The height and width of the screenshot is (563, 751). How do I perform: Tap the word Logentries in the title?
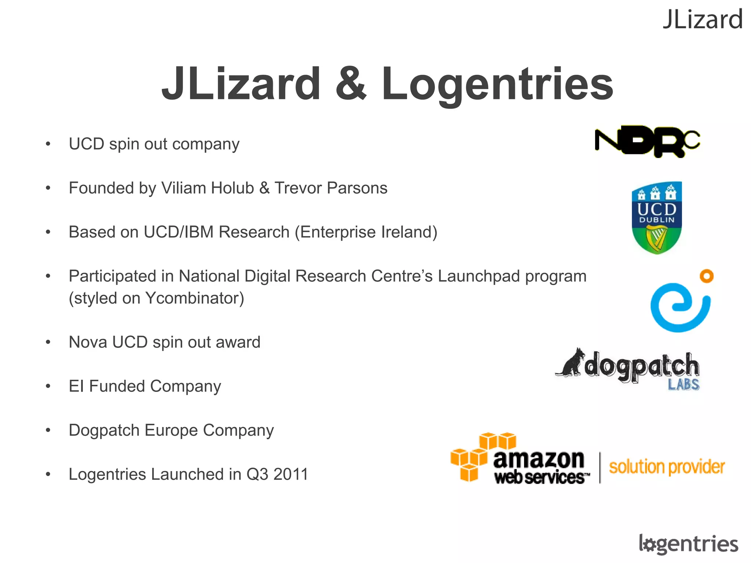tap(497, 85)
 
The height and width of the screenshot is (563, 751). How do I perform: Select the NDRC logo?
tap(647, 141)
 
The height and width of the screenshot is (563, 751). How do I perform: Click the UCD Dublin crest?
tap(656, 217)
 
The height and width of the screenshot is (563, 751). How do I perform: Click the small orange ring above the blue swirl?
tap(706, 276)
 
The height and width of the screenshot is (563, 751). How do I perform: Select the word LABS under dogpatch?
tap(684, 385)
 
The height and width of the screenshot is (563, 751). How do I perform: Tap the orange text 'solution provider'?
tap(667, 467)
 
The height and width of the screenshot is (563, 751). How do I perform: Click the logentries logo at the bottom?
tap(688, 544)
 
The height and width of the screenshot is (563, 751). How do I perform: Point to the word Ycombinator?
tap(194, 298)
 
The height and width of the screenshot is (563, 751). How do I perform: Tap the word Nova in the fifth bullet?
tap(88, 342)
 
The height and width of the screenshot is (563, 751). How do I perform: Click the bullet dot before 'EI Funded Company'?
tap(48, 386)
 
